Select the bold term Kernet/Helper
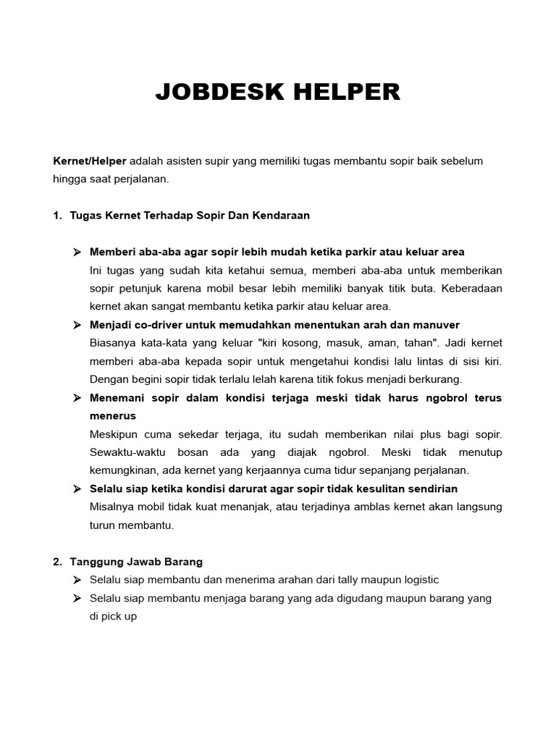tap(90, 161)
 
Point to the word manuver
tap(438, 324)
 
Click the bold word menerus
tap(113, 416)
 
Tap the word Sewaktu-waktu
tap(124, 452)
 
